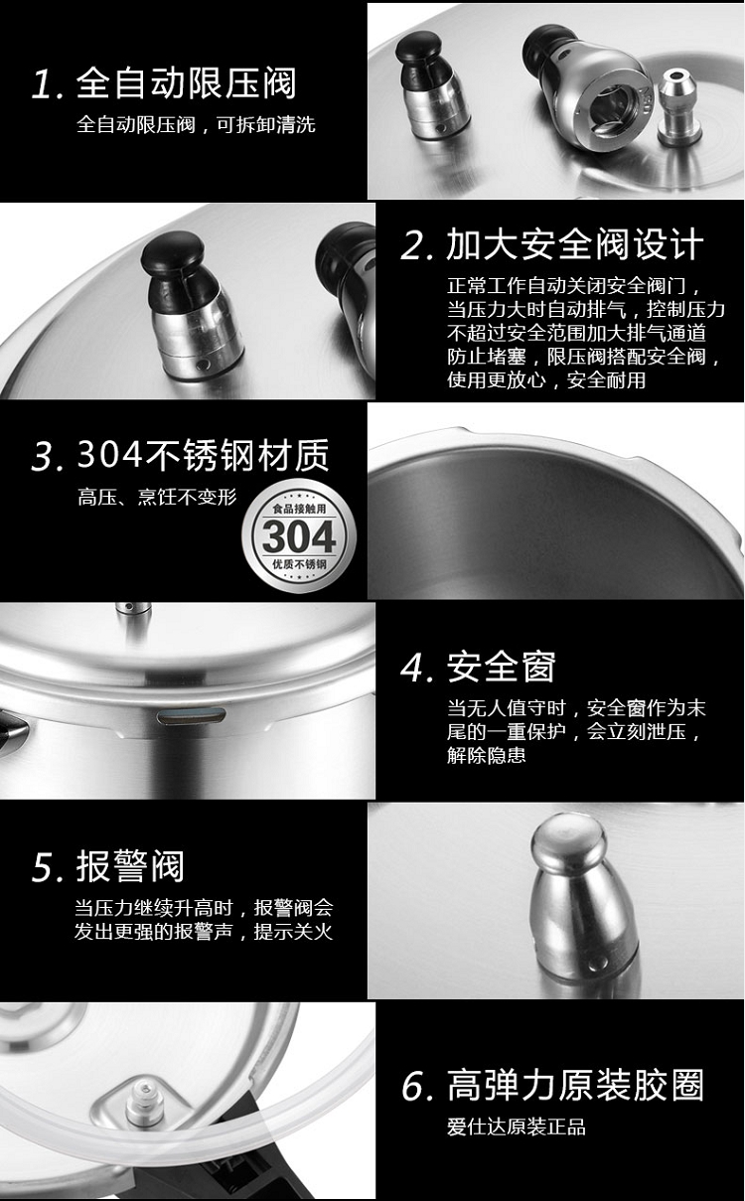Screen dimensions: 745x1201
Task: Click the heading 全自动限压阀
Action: point(186,83)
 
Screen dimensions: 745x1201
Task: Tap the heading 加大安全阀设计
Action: point(574,244)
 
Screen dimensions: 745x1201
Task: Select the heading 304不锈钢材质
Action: point(203,455)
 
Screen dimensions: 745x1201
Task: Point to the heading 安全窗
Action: point(501,667)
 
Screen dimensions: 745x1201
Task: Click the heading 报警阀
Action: point(130,866)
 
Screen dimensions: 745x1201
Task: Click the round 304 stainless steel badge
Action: point(299,535)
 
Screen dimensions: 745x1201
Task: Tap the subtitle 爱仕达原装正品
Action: point(517,1127)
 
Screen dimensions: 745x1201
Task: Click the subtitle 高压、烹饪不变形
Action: point(157,497)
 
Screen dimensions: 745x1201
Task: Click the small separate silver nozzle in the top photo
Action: point(679,107)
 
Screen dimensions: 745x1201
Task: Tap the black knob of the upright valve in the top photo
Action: point(418,47)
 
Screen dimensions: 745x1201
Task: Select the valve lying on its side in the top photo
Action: point(587,88)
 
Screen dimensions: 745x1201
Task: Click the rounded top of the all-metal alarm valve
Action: point(568,840)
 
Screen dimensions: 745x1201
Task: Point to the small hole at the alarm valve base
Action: point(594,966)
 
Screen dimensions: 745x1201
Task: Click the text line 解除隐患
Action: point(486,755)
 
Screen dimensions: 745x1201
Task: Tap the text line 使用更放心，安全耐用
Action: point(546,380)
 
